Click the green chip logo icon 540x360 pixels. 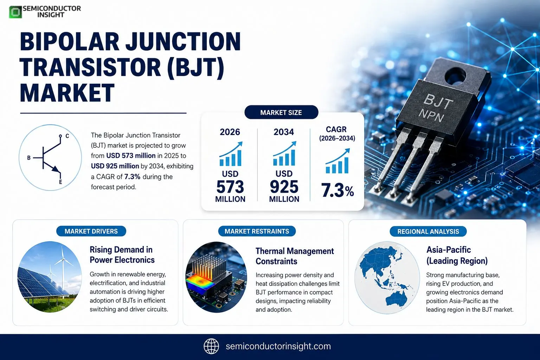pyautogui.click(x=15, y=12)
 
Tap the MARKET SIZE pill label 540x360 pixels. pyautogui.click(x=281, y=112)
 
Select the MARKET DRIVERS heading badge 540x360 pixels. pyautogui.click(x=91, y=231)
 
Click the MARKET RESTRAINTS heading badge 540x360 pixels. pyautogui.click(x=257, y=231)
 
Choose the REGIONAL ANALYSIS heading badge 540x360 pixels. pyautogui.click(x=428, y=231)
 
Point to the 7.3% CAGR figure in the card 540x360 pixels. pyautogui.click(x=337, y=191)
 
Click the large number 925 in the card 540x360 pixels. pyautogui.click(x=284, y=187)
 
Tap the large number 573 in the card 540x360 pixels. pyautogui.click(x=230, y=187)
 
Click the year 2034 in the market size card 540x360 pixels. pyautogui.click(x=284, y=132)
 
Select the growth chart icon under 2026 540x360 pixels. pyautogui.click(x=231, y=154)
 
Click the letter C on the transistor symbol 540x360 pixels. pyautogui.click(x=67, y=136)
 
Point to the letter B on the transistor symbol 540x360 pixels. pyautogui.click(x=29, y=158)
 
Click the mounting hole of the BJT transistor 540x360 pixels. pyautogui.click(x=455, y=76)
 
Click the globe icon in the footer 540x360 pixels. pyautogui.click(x=211, y=346)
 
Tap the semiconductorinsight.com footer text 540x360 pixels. pyautogui.click(x=278, y=346)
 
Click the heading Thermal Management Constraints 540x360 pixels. pyautogui.click(x=295, y=256)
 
